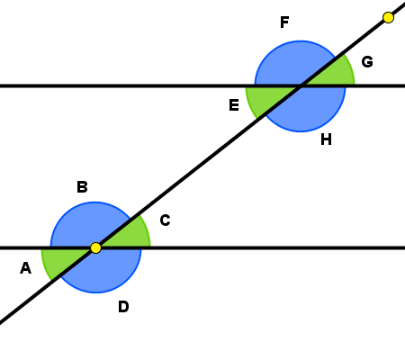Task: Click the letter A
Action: point(25,268)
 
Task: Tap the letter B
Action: point(82,186)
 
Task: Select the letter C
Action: point(165,220)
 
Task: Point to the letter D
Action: point(123,307)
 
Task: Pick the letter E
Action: point(234,105)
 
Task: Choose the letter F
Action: point(284,22)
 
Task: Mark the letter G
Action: point(367,62)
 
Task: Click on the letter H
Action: point(326,139)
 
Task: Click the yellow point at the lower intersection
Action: point(95,247)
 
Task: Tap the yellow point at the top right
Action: point(388,17)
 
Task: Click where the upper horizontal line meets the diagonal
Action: point(301,86)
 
